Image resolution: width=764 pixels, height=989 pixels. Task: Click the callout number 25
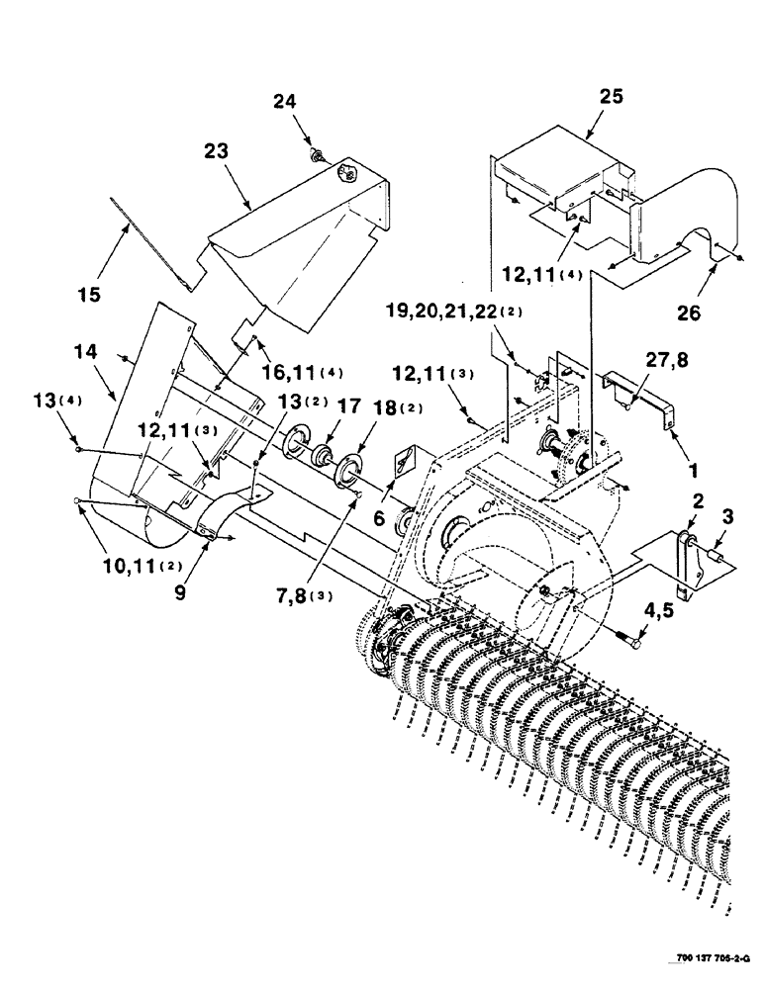tap(612, 96)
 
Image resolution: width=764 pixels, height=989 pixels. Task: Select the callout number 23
tap(216, 151)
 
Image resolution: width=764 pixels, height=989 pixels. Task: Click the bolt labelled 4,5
tap(630, 642)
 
